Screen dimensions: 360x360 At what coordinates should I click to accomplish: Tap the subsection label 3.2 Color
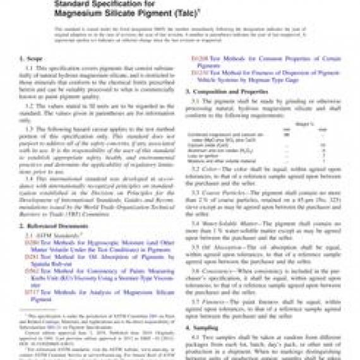[x=209, y=169]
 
